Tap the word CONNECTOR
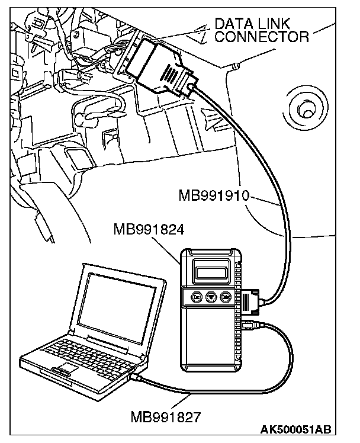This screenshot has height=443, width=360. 262,37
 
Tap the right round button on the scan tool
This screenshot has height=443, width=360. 225,297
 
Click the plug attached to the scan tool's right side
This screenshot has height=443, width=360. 250,301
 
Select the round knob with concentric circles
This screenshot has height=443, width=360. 307,110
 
